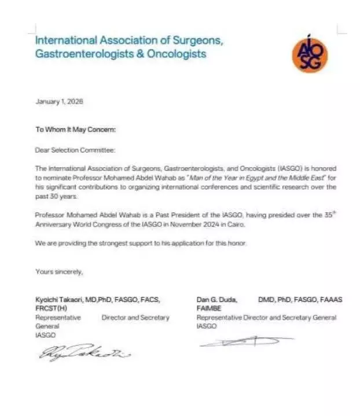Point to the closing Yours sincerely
(60, 271)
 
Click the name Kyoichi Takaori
(60, 300)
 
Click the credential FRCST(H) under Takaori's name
(51, 308)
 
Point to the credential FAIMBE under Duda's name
(209, 308)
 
